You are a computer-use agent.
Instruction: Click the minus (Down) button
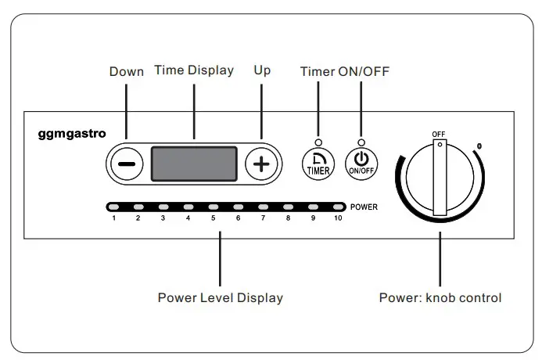pyautogui.click(x=126, y=164)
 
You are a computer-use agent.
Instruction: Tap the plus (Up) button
pyautogui.click(x=261, y=164)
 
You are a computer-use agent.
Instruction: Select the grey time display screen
pyautogui.click(x=193, y=164)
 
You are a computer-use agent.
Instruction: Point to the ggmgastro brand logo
pyautogui.click(x=72, y=134)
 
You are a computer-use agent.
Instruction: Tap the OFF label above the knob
pyautogui.click(x=439, y=134)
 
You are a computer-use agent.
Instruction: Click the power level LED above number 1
pyautogui.click(x=113, y=207)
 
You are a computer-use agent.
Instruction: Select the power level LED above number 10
pyautogui.click(x=338, y=207)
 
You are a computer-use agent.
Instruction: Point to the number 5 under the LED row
pyautogui.click(x=213, y=218)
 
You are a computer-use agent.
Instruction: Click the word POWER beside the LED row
pyautogui.click(x=365, y=208)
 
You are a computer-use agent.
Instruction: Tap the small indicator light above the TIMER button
pyautogui.click(x=318, y=142)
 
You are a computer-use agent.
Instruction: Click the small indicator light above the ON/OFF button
pyautogui.click(x=361, y=142)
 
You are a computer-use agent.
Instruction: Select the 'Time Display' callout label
pyautogui.click(x=193, y=70)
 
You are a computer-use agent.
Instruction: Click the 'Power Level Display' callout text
pyautogui.click(x=220, y=297)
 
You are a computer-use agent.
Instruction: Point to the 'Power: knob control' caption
pyautogui.click(x=440, y=297)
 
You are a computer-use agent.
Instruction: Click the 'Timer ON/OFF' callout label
pyautogui.click(x=344, y=71)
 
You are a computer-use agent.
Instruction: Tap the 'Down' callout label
pyautogui.click(x=126, y=71)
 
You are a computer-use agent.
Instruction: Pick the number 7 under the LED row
pyautogui.click(x=263, y=218)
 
